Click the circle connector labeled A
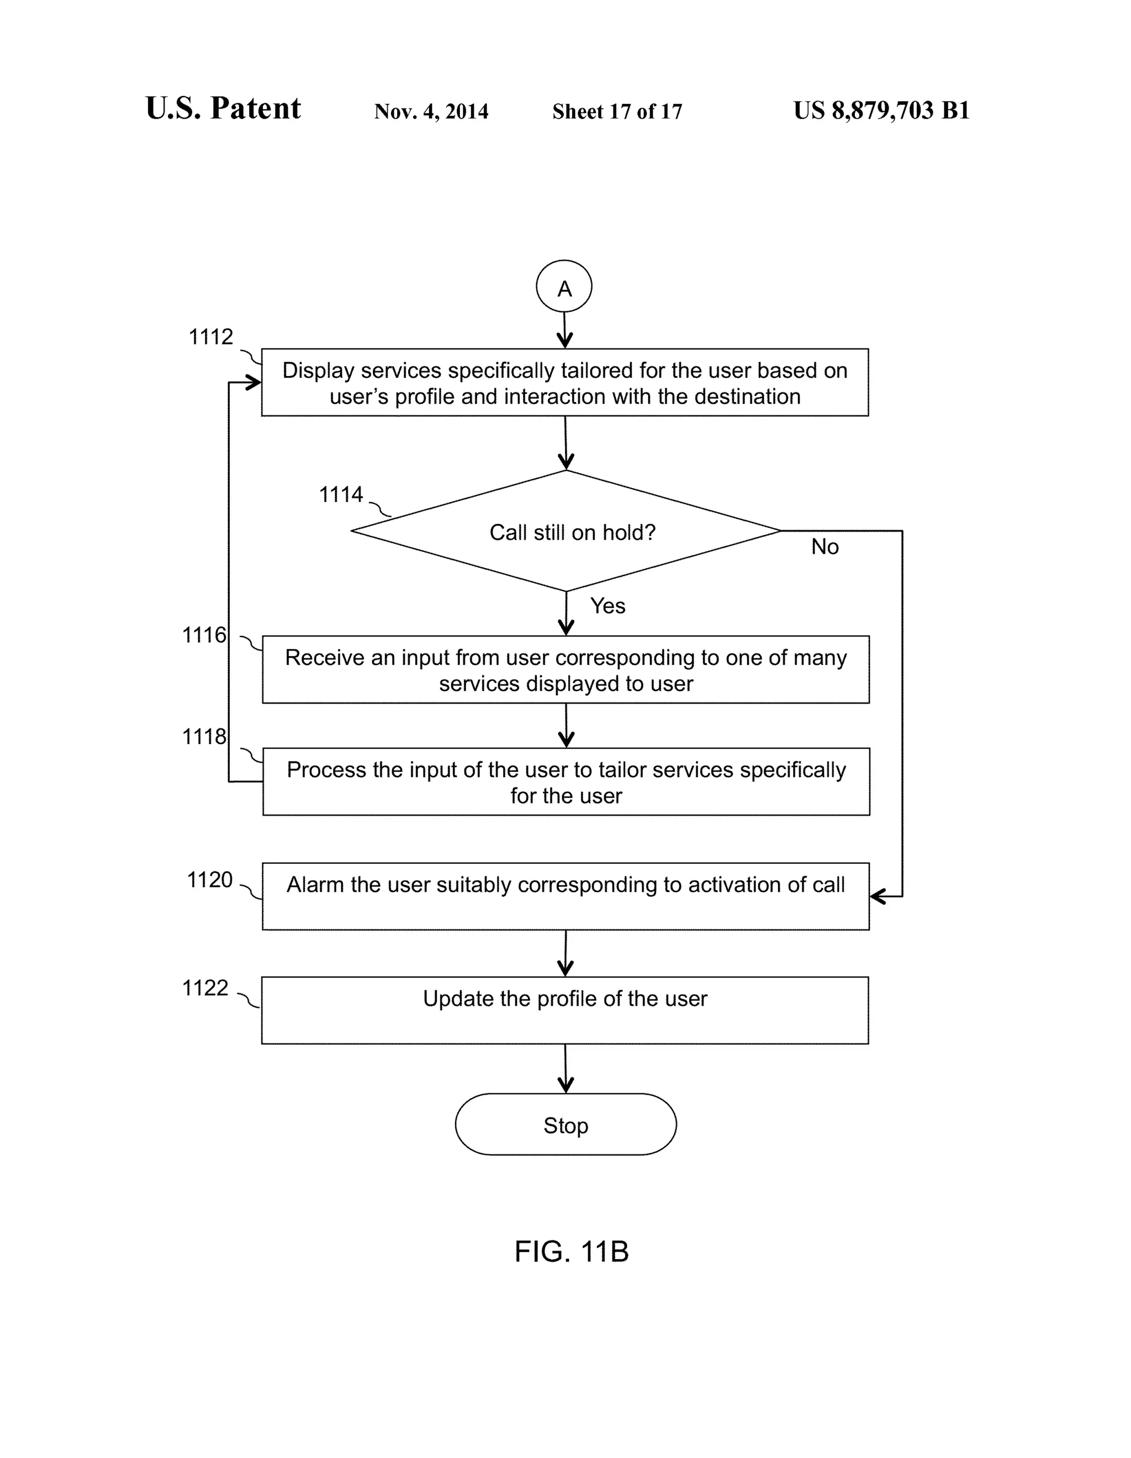564,287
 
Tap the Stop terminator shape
565,1126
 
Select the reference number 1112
211,337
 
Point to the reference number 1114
341,495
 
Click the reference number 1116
204,635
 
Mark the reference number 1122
205,988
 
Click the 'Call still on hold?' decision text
572,532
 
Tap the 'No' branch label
825,547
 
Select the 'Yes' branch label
607,605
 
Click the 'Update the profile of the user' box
565,1010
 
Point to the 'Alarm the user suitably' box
565,896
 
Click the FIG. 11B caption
572,1251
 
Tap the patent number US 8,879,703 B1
881,110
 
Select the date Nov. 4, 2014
431,111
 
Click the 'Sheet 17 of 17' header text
617,111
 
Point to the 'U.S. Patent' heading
223,108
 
